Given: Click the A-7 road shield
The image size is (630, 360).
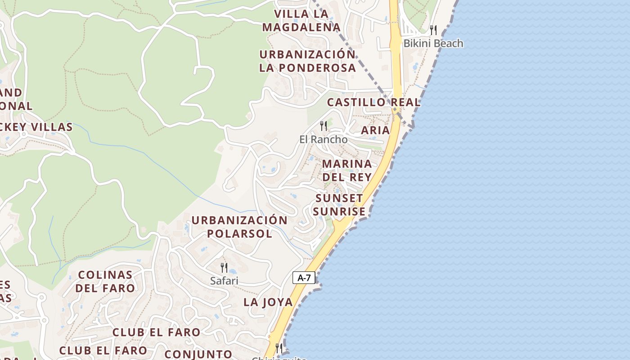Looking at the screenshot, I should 304,278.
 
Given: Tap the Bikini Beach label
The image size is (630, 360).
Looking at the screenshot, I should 433,43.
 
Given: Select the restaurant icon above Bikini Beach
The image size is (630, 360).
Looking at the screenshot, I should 433,30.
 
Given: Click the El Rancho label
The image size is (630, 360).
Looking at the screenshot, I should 323,139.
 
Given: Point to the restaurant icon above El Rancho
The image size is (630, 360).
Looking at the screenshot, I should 323,126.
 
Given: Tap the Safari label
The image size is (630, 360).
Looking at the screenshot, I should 224,281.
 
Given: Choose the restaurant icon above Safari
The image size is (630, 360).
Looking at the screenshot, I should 224,268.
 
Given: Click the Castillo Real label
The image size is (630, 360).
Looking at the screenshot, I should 373,102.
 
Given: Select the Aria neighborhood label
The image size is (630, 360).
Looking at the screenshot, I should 375,130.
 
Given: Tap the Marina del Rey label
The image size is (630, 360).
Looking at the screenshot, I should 347,170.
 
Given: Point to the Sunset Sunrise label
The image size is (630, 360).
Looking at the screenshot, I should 339,205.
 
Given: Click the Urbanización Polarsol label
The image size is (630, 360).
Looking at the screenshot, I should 239,227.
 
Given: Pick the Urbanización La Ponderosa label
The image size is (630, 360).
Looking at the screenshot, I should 307,61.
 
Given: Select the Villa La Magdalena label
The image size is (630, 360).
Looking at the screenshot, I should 301,21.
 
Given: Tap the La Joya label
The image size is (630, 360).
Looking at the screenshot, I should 268,302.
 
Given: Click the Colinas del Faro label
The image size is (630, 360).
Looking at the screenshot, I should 105,281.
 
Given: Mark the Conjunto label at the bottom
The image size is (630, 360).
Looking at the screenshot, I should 198,354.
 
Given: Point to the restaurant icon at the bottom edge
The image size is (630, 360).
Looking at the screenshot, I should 279,348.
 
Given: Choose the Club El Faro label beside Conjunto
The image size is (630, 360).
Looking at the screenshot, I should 103,350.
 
